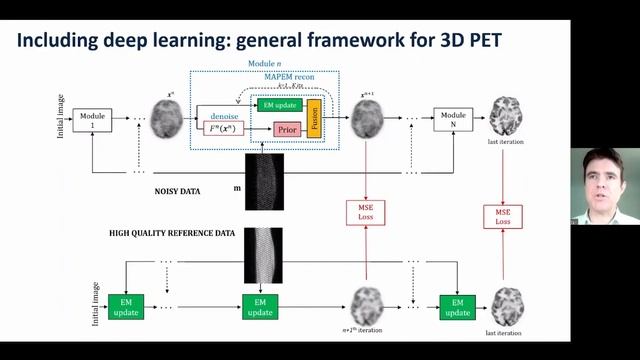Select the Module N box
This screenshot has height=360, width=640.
coord(453,121)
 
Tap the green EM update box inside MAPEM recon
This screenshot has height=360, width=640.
coord(280,104)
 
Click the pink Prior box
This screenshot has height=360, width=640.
coord(289,130)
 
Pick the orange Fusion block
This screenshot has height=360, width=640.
coord(313,118)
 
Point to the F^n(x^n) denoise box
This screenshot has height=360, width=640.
coord(224,129)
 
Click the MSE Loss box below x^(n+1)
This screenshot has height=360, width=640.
coord(367,212)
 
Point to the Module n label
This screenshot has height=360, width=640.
coord(265,64)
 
